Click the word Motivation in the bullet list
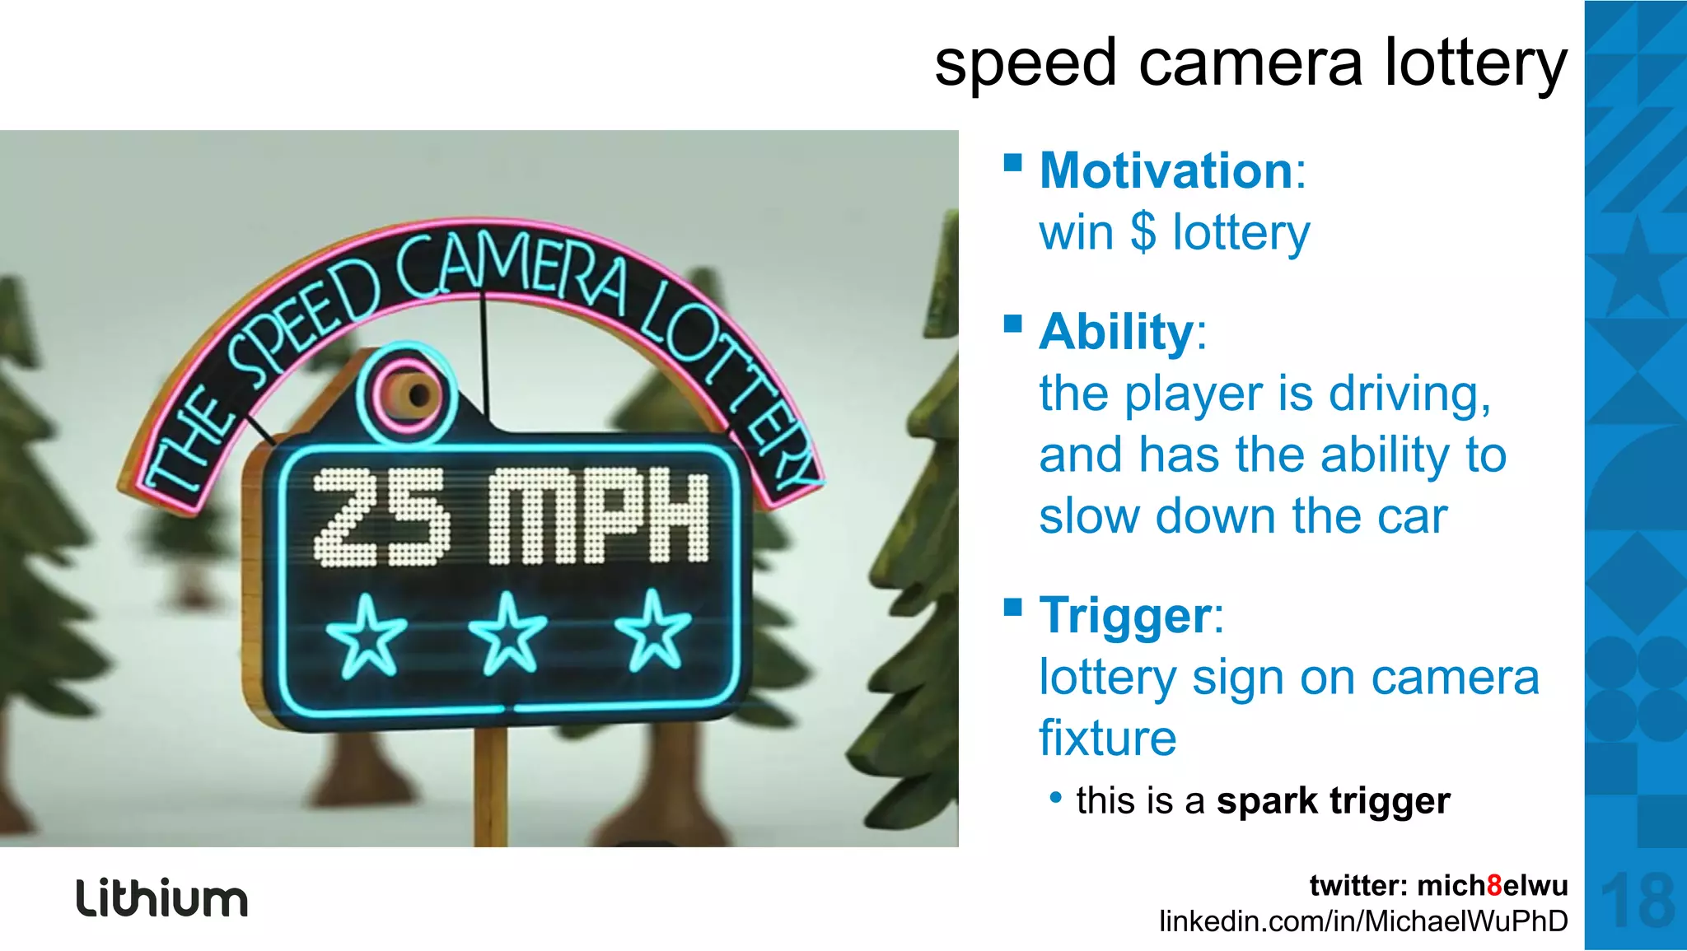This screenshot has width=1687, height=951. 1166,170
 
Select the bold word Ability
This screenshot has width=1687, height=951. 1115,332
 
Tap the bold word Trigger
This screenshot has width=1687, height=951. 1124,616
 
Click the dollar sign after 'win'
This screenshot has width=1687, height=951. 1143,232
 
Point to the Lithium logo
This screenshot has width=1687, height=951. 162,898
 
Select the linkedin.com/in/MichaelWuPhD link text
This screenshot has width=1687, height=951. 1363,921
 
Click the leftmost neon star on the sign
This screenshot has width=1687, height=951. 366,636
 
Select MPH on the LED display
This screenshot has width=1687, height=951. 598,517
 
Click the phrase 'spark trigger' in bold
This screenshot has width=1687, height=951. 1333,801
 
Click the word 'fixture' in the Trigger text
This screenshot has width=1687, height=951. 1107,738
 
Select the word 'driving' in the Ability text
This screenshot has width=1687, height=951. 1409,394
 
